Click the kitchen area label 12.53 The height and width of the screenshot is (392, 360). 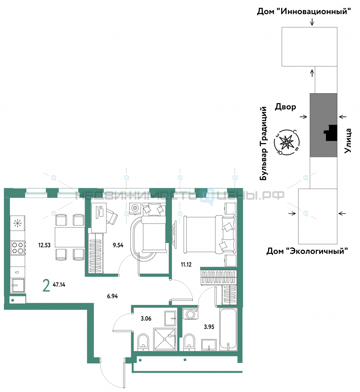pos(44,245)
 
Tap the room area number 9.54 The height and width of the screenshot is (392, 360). pos(118,245)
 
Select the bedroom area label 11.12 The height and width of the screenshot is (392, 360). pos(186,264)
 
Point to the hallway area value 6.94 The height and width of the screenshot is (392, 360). pos(112,296)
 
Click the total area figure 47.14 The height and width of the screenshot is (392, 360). pos(59,285)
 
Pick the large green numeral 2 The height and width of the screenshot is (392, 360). pos(46,286)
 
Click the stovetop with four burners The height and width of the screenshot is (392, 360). pos(18,248)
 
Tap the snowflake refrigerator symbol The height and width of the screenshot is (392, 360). pos(18,223)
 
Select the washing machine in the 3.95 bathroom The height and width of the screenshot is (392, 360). pos(190,314)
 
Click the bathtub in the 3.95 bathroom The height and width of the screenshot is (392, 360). pos(228,329)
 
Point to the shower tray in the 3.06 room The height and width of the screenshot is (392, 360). pos(165,339)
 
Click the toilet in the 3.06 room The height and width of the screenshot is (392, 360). pos(143,342)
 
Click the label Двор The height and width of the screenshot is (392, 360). pos(285,107)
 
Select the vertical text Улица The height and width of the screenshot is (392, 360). pos(347,140)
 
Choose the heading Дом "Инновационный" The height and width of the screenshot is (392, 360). pos(304,11)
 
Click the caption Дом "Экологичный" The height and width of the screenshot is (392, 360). pos(307,251)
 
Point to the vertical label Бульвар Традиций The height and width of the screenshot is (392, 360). pos(263,143)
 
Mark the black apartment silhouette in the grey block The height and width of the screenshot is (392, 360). pos(330,133)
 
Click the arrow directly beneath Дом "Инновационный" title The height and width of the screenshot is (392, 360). pos(312,22)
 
